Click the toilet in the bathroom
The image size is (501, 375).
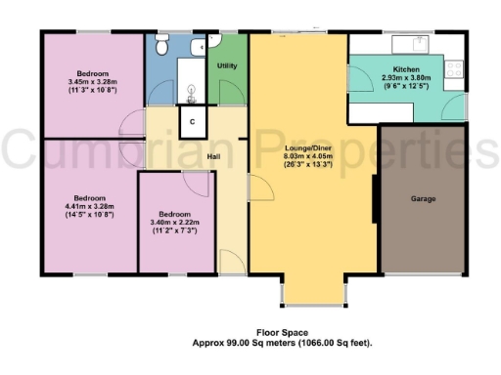pos(162,44)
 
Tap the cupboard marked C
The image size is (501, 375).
pos(193,120)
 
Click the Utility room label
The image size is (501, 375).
pos(227,65)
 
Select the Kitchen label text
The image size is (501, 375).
pos(406,69)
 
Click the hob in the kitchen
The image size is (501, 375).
pos(454,68)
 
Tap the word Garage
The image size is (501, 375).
pos(423,199)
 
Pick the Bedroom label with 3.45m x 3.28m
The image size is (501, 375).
pos(94,73)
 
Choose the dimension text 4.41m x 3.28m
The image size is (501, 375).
pos(90,205)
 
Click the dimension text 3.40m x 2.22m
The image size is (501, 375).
pos(176,222)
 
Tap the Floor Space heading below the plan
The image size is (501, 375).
pos(282,332)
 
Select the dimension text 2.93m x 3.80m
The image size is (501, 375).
pos(406,78)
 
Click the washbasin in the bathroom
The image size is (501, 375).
pos(192,93)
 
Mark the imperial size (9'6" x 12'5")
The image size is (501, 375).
pos(406,87)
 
